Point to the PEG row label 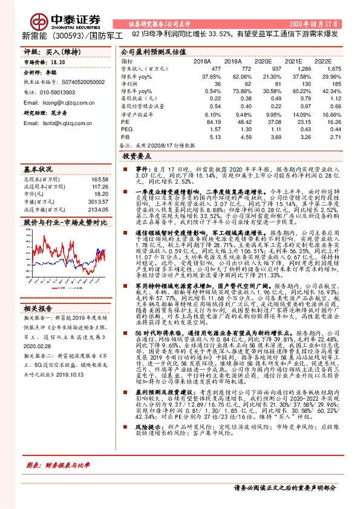126,129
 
